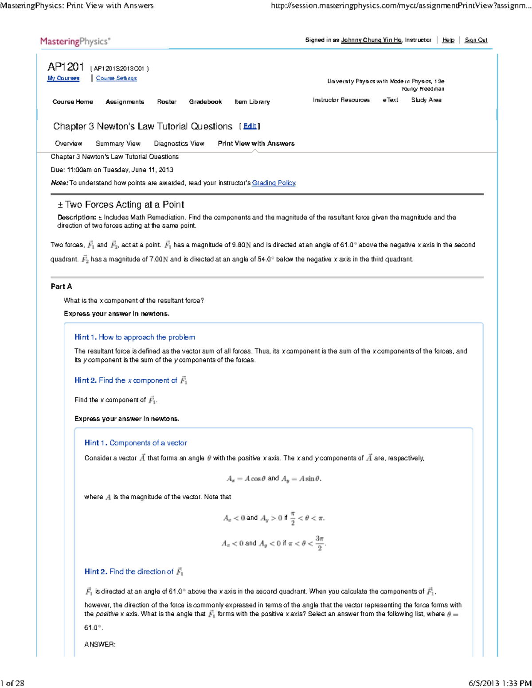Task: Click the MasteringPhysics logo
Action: click(75, 42)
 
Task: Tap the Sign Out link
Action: click(476, 40)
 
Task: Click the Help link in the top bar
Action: click(448, 40)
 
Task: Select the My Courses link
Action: click(63, 78)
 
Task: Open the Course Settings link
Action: click(117, 78)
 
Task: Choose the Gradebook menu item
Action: click(205, 102)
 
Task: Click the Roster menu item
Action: click(167, 102)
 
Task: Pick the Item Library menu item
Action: click(252, 102)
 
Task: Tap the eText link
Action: click(390, 100)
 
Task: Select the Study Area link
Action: click(426, 100)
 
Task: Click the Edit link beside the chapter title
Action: click(250, 126)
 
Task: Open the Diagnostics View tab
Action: click(179, 144)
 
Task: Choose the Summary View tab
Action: click(118, 144)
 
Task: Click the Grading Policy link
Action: click(274, 183)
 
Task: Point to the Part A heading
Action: click(62, 287)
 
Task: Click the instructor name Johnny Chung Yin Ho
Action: click(371, 40)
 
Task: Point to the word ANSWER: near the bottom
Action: click(100, 645)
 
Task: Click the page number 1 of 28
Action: click(12, 683)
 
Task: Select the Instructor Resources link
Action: click(341, 100)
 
